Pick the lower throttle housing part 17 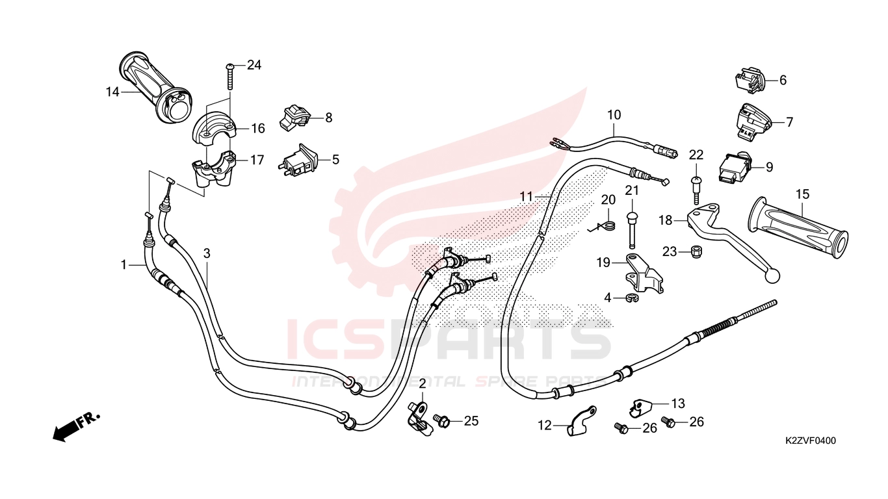(212, 168)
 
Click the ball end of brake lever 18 (771, 275)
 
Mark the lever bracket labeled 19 (644, 273)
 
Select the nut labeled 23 (694, 251)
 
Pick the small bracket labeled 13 (641, 407)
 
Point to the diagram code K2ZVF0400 (810, 441)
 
